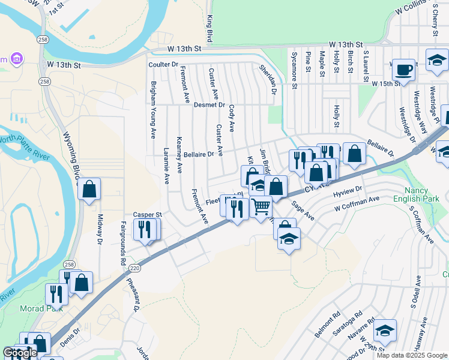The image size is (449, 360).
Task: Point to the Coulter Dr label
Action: pyautogui.click(x=163, y=64)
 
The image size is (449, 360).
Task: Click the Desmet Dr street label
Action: pyautogui.click(x=209, y=105)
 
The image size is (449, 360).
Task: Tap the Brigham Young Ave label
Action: pyautogui.click(x=153, y=110)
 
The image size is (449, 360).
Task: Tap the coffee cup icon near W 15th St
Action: pyautogui.click(x=404, y=70)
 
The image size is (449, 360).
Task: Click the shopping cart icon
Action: pyautogui.click(x=261, y=207)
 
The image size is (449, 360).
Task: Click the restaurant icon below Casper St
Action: pyautogui.click(x=145, y=229)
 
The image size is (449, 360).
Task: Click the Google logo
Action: pyautogui.click(x=20, y=353)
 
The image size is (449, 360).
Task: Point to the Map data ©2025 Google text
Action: pyautogui.click(x=411, y=355)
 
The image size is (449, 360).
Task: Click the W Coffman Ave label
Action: pyautogui.click(x=357, y=204)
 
